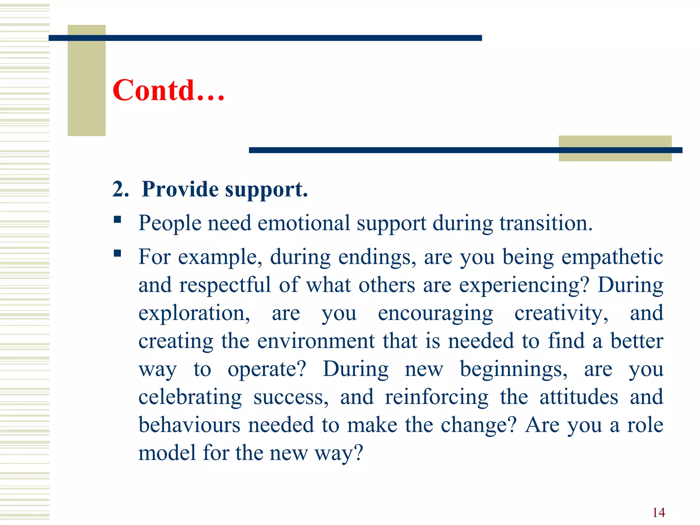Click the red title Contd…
168,90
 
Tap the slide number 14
658,512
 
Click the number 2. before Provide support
120,189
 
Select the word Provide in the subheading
180,189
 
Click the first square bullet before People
118,219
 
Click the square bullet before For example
118,253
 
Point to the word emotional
304,223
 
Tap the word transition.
546,223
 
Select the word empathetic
612,257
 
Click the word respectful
225,285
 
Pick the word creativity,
561,313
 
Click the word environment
316,341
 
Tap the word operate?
267,369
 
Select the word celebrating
190,397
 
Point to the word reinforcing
436,397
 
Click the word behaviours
189,425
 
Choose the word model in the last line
167,453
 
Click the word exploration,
194,313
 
